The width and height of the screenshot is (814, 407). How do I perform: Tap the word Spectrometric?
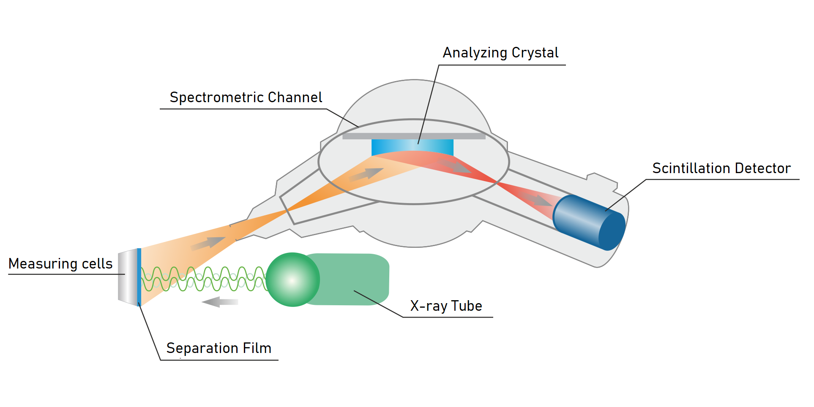(x=217, y=98)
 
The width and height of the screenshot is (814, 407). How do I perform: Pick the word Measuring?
(x=43, y=264)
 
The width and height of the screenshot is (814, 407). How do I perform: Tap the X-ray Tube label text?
(x=446, y=306)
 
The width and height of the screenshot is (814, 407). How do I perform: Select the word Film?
(x=257, y=348)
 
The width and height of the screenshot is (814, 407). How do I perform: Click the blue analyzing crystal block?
(x=412, y=146)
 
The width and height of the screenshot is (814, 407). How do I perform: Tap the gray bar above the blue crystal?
(x=413, y=136)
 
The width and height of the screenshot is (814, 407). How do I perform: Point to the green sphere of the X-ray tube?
(x=292, y=279)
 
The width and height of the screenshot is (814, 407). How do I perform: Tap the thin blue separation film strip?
(x=139, y=277)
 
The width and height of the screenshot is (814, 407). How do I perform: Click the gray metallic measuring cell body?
(x=128, y=277)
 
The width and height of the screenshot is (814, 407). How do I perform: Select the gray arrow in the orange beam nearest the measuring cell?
(x=208, y=243)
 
